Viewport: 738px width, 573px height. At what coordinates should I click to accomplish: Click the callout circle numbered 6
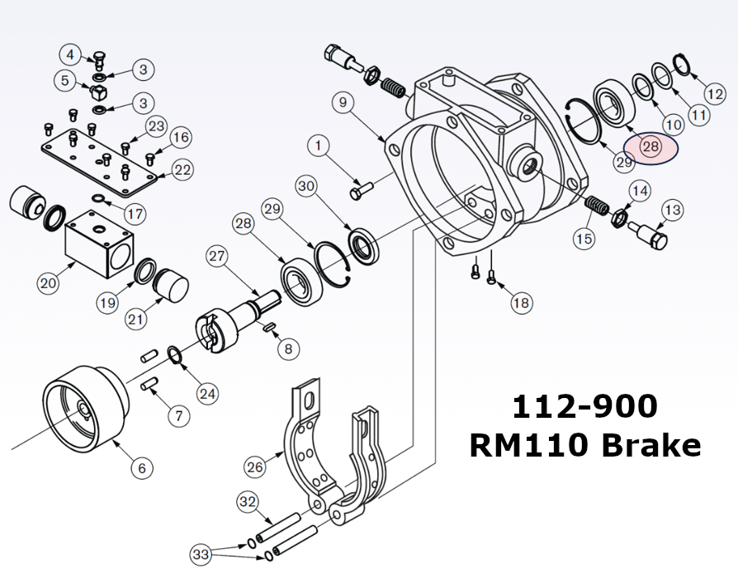[x=141, y=468]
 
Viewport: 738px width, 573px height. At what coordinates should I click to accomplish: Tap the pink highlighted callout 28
[x=650, y=147]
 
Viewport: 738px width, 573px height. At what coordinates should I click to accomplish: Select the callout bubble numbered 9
[x=344, y=103]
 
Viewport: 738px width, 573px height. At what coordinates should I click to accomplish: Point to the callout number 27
[x=217, y=256]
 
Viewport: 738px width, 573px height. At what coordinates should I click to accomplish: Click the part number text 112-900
[x=584, y=406]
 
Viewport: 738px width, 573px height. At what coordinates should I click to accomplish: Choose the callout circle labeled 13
[x=673, y=211]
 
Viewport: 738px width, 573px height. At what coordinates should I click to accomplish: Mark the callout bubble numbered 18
[x=521, y=303]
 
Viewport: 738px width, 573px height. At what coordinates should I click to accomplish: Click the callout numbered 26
[x=256, y=466]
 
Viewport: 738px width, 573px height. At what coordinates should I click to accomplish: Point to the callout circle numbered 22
[x=182, y=170]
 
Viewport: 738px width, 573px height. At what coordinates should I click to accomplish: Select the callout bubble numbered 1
[x=319, y=146]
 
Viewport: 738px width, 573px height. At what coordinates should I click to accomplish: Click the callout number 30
[x=307, y=187]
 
